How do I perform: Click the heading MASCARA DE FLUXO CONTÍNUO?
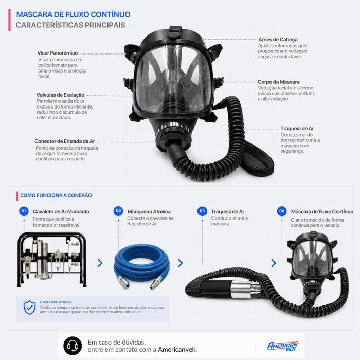tap(73, 14)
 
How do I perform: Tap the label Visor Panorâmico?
tap(58, 53)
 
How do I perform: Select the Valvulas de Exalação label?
tap(60, 95)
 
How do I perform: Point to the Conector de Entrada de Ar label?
tap(65, 141)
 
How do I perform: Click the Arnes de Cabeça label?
tap(278, 40)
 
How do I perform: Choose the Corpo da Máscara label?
tap(279, 82)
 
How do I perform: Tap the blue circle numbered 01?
tap(24, 211)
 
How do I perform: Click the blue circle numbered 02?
tap(118, 211)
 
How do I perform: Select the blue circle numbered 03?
tap(202, 211)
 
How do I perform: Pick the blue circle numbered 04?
tap(282, 211)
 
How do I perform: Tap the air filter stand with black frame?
tap(52, 259)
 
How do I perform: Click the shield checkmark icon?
tap(29, 308)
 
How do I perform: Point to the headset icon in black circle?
tap(73, 346)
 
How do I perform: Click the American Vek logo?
tap(283, 346)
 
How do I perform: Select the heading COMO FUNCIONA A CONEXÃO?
tap(56, 195)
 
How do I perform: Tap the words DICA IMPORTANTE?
tap(56, 302)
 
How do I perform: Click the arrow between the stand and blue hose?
tap(100, 263)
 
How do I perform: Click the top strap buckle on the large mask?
tap(175, 32)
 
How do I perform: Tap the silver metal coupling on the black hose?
tap(245, 289)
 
